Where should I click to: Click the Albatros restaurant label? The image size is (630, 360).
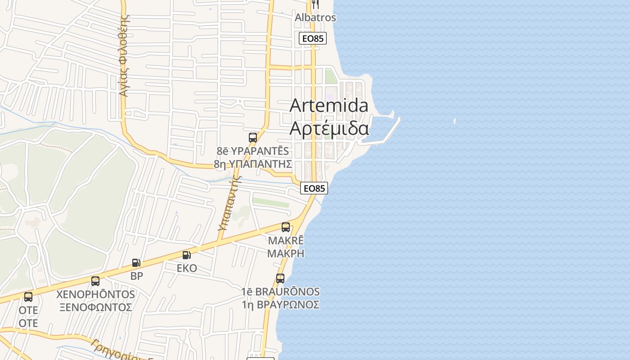pos(315,18)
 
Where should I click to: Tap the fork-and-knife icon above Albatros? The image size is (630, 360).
pos(315,4)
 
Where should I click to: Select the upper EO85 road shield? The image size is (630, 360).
pos(313,39)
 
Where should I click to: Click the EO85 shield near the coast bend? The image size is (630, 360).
pos(314,188)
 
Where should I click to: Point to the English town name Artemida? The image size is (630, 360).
pos(329,105)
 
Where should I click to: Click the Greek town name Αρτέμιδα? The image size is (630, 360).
pos(329,128)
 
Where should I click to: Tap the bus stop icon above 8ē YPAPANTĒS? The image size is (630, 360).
pos(253,138)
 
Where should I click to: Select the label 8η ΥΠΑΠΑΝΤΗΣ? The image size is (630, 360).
pos(253,164)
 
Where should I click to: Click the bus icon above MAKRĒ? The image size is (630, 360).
pos(286,227)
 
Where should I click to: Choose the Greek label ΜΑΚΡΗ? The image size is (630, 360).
pos(286,253)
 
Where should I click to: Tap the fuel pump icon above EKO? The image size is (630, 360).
pos(186,255)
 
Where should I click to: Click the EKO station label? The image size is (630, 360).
pos(187,268)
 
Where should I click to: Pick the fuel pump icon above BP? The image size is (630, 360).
pos(136,263)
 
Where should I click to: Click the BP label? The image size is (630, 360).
pos(136,276)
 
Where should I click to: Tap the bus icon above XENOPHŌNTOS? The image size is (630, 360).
pos(95,281)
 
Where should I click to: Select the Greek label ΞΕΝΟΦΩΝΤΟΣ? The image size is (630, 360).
pos(95,307)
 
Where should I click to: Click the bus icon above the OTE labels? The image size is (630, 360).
pos(28,297)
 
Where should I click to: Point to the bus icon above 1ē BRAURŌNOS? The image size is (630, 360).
pos(280,279)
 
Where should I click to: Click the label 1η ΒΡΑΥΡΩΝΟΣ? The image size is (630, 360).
pos(280,305)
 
